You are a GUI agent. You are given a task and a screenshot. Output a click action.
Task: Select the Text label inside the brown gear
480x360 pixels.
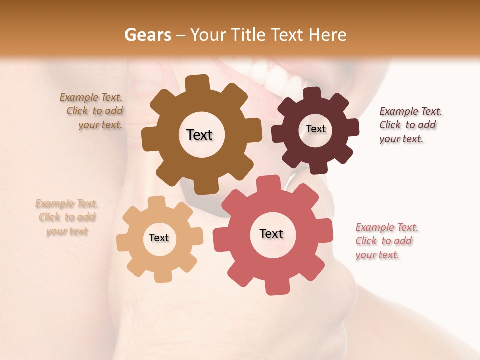coord(199,135)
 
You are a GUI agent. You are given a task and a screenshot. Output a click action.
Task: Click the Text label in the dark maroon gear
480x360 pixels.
coord(315,129)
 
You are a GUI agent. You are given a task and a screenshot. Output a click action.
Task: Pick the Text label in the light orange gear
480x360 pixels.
coord(159,238)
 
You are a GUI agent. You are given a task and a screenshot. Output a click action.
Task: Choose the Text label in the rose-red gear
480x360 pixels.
coord(271,233)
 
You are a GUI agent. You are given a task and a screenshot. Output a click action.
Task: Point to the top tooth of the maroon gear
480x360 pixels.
coord(312,93)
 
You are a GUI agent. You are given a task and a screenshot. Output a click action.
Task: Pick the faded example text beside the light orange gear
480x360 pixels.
coord(67,217)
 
